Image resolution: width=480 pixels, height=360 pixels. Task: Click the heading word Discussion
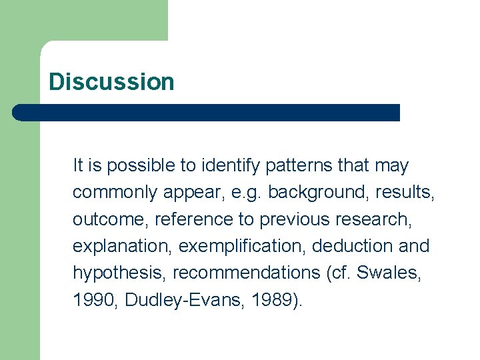click(111, 82)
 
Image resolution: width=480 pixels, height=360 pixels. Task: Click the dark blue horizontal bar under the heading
click(207, 113)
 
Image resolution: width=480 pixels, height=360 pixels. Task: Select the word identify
click(209, 165)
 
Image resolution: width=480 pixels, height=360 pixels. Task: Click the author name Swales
click(392, 273)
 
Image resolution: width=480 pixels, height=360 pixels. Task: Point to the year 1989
click(271, 300)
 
